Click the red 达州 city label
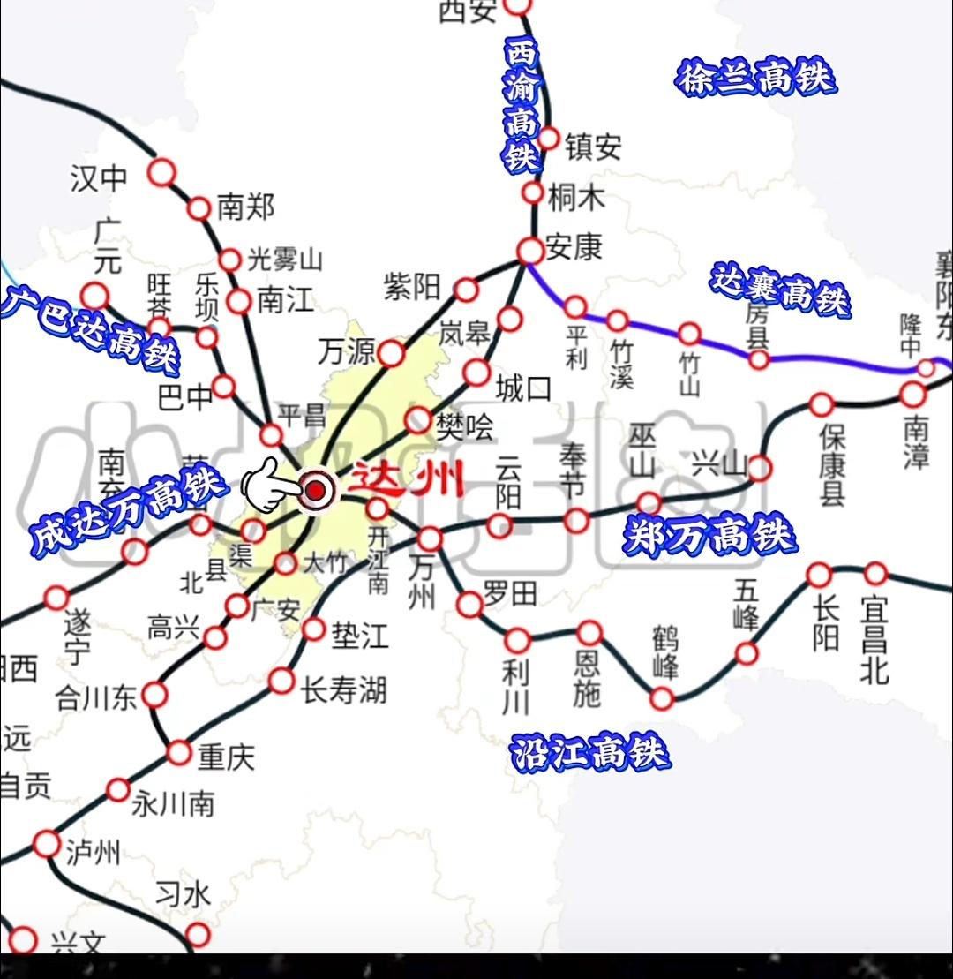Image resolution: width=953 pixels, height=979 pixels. tap(407, 481)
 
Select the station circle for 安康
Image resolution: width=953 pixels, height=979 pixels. tap(530, 251)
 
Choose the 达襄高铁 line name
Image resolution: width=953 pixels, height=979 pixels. tap(781, 290)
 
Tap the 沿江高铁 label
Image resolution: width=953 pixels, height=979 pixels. tap(590, 753)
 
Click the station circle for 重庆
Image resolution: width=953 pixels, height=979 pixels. tap(179, 753)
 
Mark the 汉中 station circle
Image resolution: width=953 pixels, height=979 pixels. tap(161, 172)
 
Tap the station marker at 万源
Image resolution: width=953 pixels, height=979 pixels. tap(390, 353)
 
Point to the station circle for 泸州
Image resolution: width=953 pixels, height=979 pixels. tap(47, 844)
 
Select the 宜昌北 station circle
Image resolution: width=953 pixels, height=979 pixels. tap(875, 574)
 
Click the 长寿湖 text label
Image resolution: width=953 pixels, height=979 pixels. tap(344, 689)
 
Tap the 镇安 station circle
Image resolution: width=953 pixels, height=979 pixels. tap(548, 139)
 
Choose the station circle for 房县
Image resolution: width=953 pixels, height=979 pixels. tap(759, 359)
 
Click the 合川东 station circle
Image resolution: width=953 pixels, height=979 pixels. tap(154, 695)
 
